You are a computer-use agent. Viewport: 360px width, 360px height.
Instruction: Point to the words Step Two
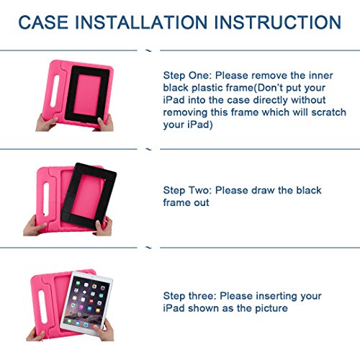[x=186, y=191]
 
